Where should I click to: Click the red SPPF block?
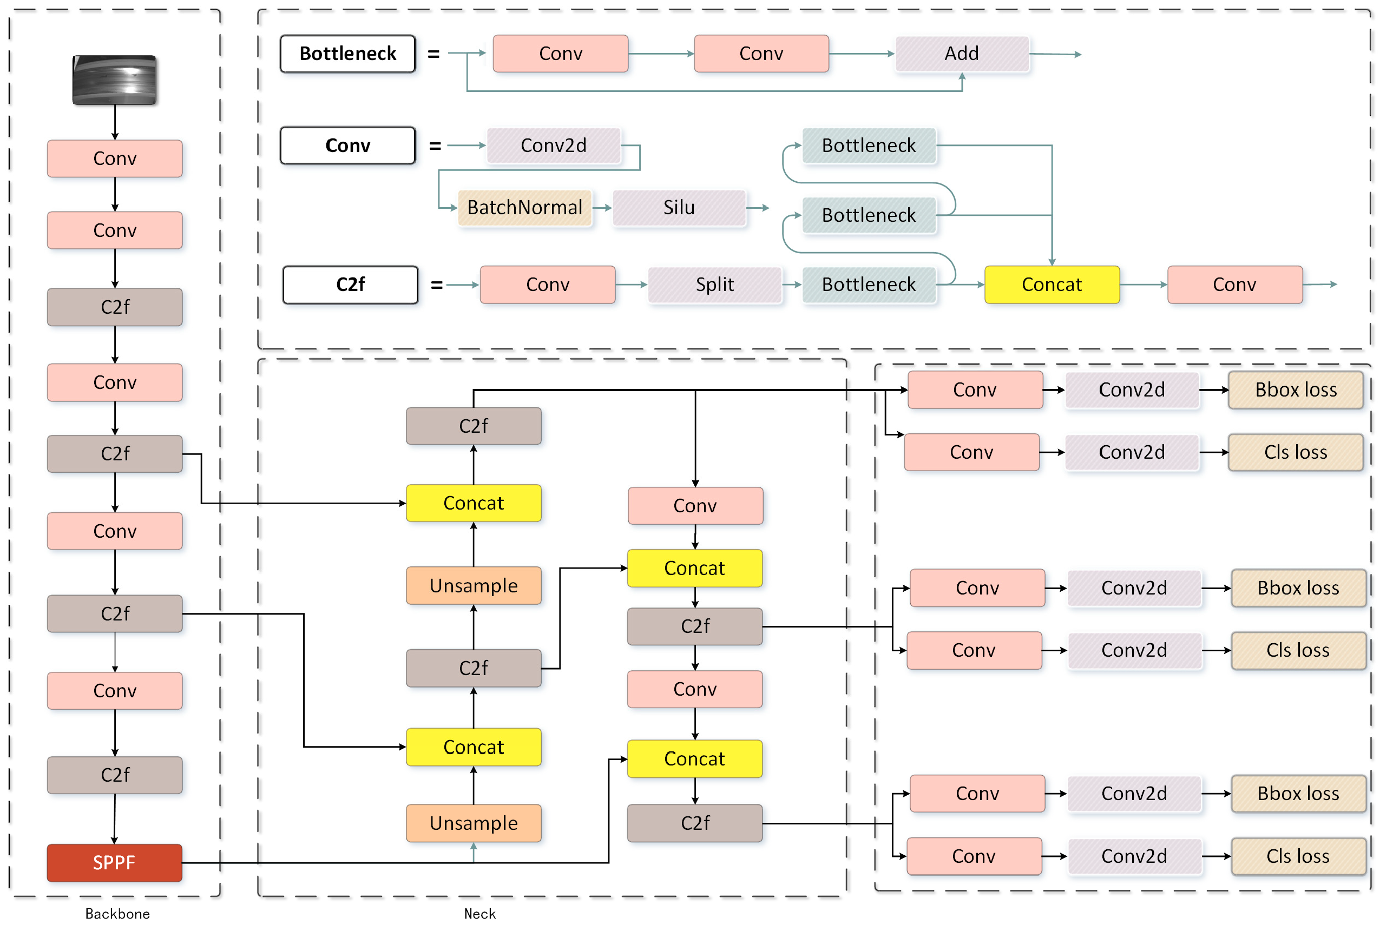[114, 862]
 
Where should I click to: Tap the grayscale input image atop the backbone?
[114, 80]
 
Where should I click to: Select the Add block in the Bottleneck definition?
[961, 54]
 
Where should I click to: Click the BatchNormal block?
[524, 207]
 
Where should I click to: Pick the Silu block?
[678, 207]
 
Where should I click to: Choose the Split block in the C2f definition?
[714, 285]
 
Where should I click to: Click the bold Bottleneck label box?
[347, 54]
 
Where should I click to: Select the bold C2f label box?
[350, 285]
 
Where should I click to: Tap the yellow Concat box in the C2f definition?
[1051, 285]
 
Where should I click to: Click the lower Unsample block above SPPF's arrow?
[474, 823]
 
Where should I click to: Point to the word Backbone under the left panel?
[117, 913]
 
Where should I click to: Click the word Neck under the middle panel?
[479, 913]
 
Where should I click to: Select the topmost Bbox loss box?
[1295, 389]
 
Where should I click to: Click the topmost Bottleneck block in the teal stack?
[868, 146]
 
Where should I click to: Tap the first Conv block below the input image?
[115, 159]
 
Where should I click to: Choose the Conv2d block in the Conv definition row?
[553, 146]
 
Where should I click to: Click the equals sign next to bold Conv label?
[435, 146]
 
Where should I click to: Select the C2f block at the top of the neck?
[474, 426]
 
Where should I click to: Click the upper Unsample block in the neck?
[474, 585]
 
